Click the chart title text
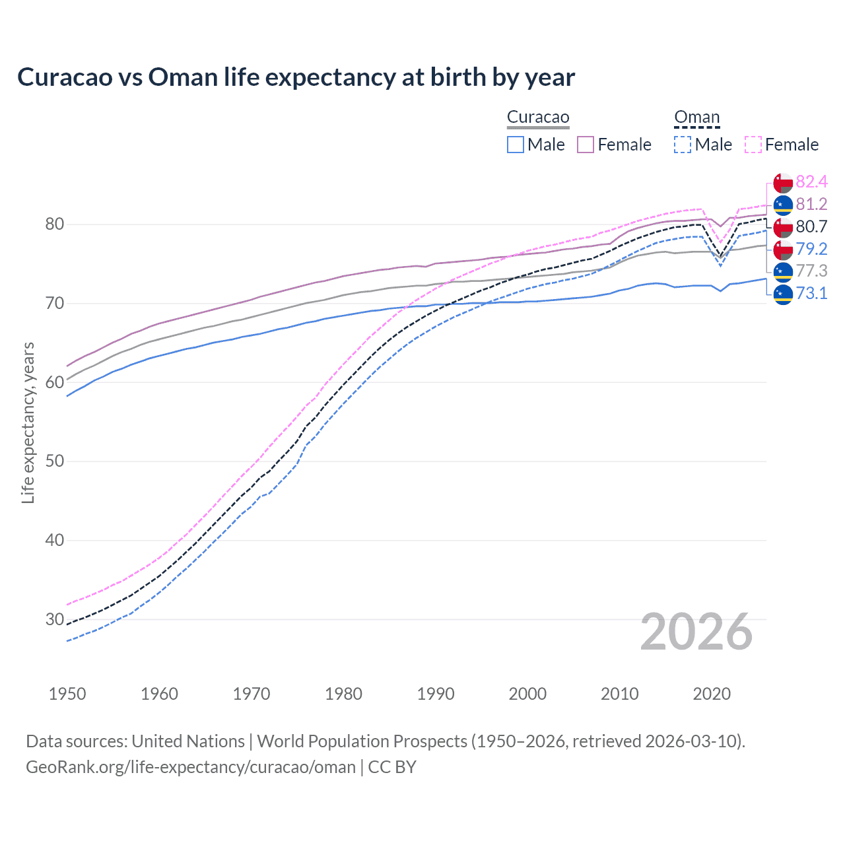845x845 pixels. [296, 77]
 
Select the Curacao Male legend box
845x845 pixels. [516, 145]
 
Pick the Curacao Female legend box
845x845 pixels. [586, 145]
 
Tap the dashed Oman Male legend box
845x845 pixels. [683, 145]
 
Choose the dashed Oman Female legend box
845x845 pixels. [753, 145]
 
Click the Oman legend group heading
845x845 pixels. [696, 118]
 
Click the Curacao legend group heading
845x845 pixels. [538, 118]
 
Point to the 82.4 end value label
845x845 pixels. [811, 182]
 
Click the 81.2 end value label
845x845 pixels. [811, 205]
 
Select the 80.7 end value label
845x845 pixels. [811, 227]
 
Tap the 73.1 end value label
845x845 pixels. [811, 294]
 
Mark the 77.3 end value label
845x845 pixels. [811, 271]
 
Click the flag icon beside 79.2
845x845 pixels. [783, 250]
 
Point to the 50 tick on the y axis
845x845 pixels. [55, 461]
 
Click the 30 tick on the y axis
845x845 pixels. [55, 619]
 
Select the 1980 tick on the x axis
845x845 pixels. [343, 694]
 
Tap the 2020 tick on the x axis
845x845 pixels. [712, 694]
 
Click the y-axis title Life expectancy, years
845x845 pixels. [28, 422]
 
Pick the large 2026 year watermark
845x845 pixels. [696, 632]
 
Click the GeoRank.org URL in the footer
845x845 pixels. [190, 767]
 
